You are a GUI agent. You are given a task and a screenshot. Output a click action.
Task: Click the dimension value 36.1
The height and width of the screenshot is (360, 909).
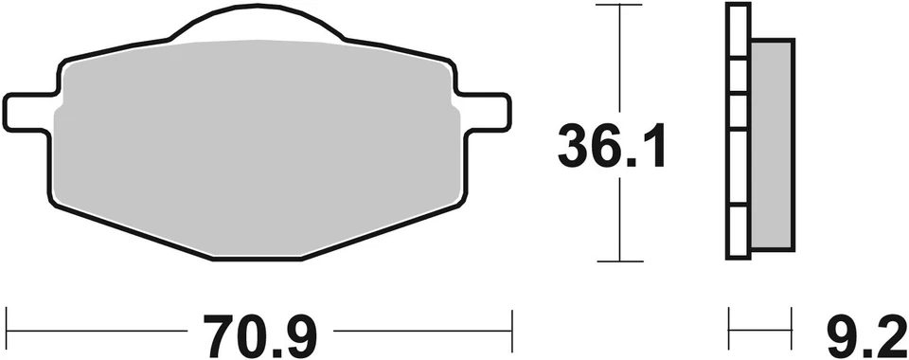(x=613, y=147)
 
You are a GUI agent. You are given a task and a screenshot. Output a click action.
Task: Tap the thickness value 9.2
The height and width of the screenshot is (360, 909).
(x=864, y=333)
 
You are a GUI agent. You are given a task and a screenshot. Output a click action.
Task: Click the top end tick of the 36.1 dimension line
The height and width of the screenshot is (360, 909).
(x=618, y=5)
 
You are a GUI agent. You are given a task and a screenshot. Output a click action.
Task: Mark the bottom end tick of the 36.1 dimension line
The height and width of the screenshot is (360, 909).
(x=618, y=261)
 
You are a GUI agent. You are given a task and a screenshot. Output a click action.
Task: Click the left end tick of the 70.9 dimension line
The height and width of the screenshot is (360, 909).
(x=7, y=321)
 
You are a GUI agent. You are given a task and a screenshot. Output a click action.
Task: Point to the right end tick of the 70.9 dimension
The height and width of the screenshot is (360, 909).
(x=512, y=321)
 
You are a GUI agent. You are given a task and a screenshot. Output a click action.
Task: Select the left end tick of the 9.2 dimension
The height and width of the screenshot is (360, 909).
(x=728, y=321)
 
